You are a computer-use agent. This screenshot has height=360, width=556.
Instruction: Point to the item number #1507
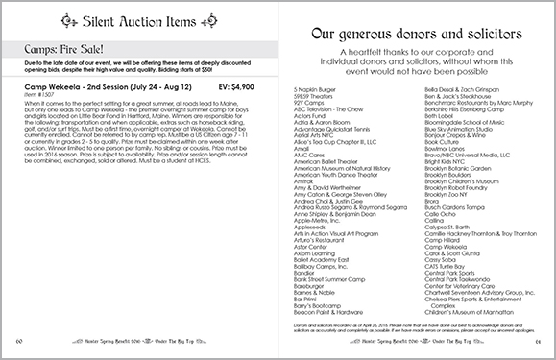(40, 94)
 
